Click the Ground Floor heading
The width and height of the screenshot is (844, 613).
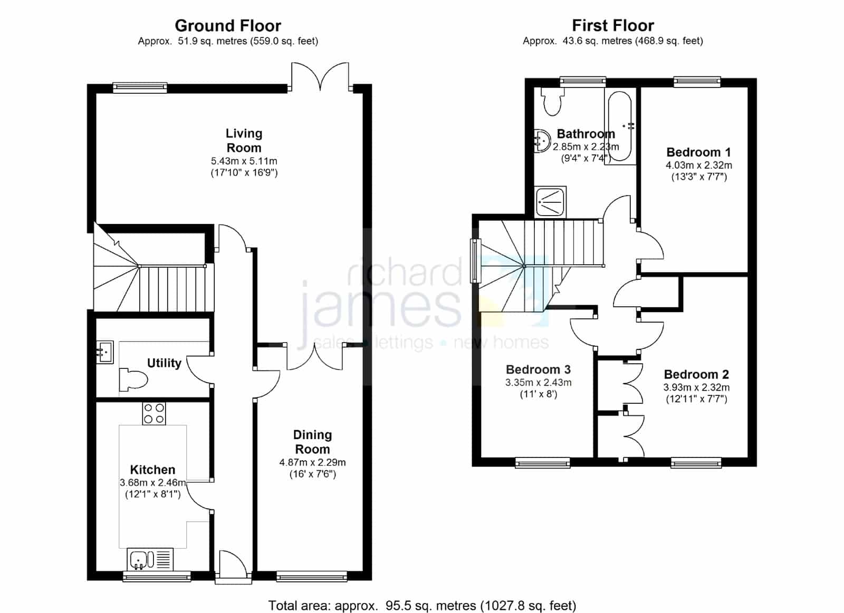[x=228, y=26]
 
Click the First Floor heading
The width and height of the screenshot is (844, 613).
[x=613, y=26]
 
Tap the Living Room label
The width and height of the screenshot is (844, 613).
[x=244, y=140]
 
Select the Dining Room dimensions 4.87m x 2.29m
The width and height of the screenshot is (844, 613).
[x=312, y=462]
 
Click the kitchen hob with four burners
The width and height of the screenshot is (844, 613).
[x=154, y=413]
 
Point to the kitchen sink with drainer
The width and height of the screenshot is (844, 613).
[x=150, y=559]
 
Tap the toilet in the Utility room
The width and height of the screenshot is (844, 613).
[x=132, y=380]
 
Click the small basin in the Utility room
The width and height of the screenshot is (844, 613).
[x=105, y=352]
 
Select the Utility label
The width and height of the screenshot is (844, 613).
[x=164, y=363]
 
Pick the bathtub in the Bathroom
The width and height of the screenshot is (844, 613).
[x=620, y=126]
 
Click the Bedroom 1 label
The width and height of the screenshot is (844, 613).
[x=698, y=152]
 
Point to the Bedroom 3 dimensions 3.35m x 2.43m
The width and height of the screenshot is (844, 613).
[x=539, y=383]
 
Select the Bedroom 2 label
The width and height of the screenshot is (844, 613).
[x=696, y=374]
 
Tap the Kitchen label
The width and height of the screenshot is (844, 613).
[x=152, y=470]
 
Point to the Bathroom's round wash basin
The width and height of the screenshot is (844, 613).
[x=541, y=141]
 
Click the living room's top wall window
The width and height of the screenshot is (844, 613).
[x=140, y=87]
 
